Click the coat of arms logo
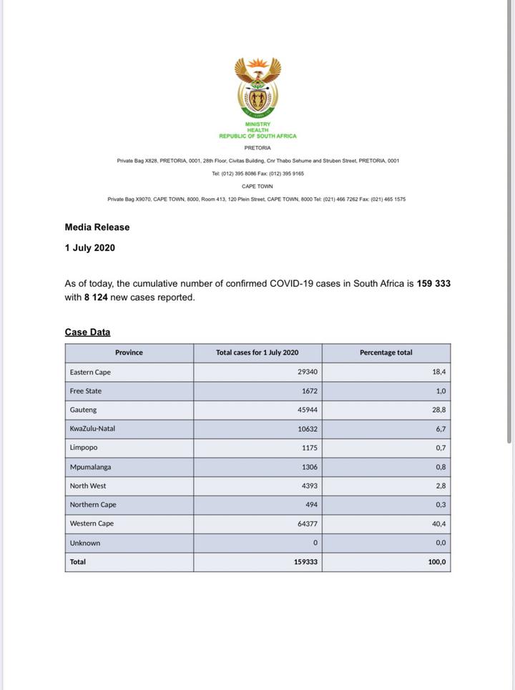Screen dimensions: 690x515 click(257, 87)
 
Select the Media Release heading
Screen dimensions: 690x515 click(97, 227)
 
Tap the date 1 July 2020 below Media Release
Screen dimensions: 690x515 click(89, 248)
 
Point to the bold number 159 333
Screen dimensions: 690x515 click(433, 284)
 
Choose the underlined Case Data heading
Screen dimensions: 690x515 click(87, 332)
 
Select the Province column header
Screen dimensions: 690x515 click(129, 353)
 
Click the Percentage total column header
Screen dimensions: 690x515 click(386, 353)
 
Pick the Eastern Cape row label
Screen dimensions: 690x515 click(90, 373)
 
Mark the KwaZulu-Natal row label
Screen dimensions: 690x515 click(92, 429)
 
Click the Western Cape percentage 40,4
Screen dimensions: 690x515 click(438, 524)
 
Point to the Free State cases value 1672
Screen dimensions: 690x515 click(308, 391)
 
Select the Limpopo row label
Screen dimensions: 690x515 click(84, 448)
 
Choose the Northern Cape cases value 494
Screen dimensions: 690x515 click(310, 505)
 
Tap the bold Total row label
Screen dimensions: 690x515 click(78, 562)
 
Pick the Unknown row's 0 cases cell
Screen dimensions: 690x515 click(315, 543)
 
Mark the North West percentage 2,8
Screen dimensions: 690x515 click(440, 486)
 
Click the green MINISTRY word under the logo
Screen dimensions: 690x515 click(257, 124)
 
